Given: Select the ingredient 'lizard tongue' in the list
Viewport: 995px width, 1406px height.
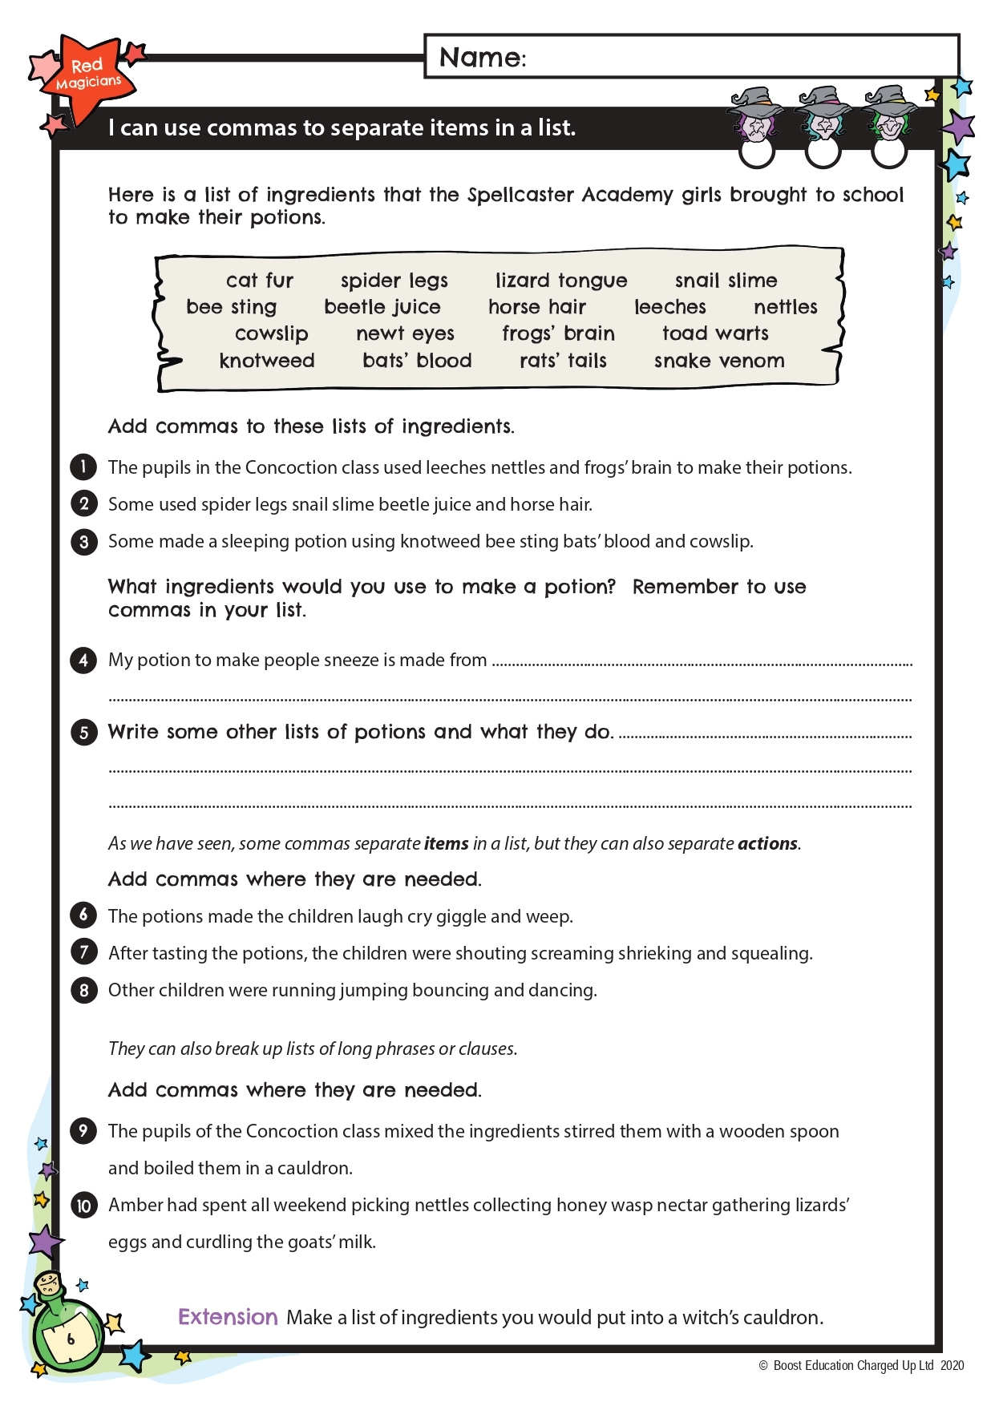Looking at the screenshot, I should point(560,281).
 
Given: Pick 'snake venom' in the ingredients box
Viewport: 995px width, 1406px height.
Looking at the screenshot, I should point(719,361).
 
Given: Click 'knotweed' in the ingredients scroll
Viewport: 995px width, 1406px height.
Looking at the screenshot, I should point(266,361).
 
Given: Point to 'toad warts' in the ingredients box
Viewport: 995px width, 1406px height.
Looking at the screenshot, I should point(715,333).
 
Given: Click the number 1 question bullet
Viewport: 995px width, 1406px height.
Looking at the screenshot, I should point(83,467).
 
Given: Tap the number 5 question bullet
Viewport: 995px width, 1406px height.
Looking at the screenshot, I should point(83,732).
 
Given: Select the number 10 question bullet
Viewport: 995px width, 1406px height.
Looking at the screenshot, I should point(83,1205).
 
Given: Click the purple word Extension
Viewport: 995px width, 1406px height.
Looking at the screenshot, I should point(228,1317).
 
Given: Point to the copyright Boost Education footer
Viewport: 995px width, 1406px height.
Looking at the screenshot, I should point(861,1366).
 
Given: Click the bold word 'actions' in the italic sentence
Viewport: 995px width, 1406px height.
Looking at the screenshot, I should point(767,843).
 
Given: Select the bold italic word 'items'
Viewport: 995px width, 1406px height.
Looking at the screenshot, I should point(446,843).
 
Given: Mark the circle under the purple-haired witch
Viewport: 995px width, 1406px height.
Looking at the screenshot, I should point(757,152).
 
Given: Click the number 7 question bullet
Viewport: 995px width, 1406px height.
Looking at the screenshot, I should point(83,952).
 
